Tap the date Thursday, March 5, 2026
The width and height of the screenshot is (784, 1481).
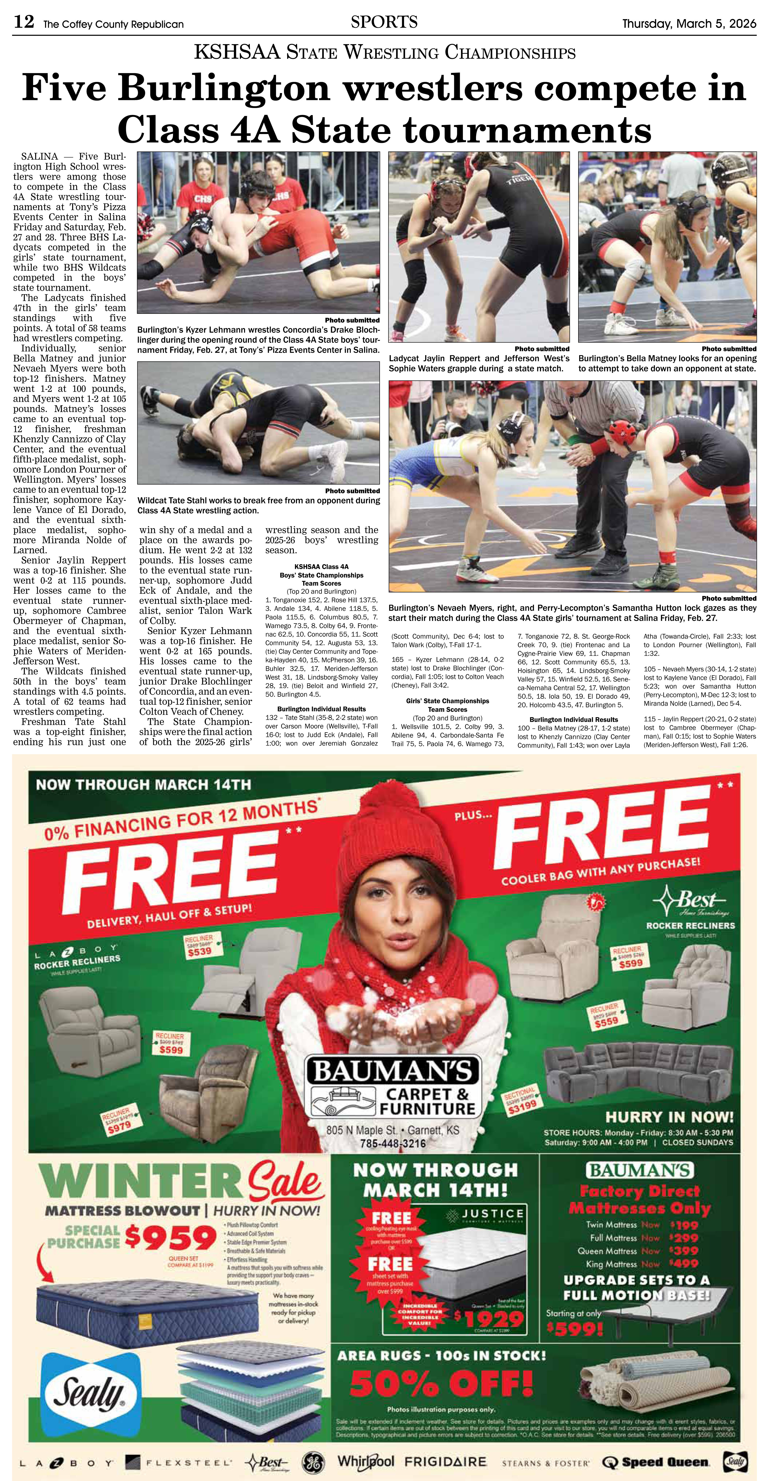pyautogui.click(x=689, y=24)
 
